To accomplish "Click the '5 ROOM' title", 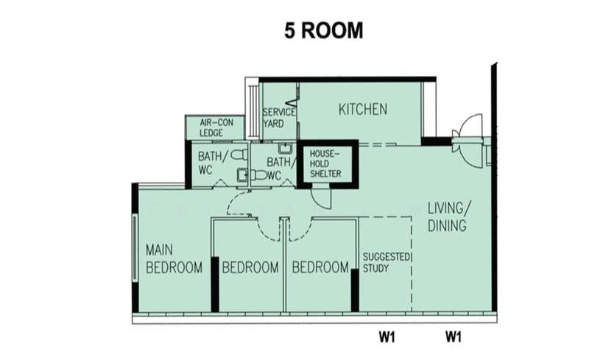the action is (323, 30).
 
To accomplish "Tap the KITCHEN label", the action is (363, 110).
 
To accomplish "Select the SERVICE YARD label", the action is (279, 118).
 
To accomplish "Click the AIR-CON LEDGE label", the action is (216, 127).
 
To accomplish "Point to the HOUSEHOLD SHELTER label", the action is (325, 163).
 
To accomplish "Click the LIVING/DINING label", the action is (449, 216).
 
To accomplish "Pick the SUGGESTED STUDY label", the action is (386, 262).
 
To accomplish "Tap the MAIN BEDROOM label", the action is (174, 259).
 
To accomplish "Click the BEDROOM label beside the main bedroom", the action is (250, 267).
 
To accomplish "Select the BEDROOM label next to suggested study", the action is (320, 267).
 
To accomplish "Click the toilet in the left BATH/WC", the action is (239, 155).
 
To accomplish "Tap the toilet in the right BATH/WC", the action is (258, 174).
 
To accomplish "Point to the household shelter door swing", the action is (321, 197).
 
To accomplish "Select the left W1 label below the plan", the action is (387, 336).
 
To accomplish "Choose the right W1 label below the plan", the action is (454, 336).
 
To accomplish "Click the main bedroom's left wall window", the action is (135, 247).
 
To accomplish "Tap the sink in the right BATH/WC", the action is (286, 149).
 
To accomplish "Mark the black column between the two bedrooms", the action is (215, 284).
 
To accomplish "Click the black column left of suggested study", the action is (355, 290).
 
